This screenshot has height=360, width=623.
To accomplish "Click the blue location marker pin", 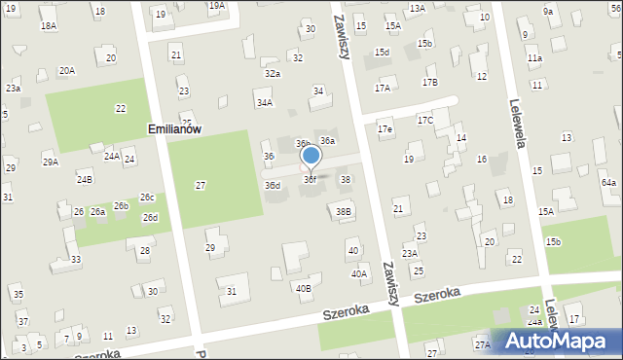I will point(311,156).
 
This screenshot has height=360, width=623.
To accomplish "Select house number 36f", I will point(310,180).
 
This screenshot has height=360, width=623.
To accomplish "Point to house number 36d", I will point(273,185).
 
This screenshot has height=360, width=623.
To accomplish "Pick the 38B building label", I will point(343,211).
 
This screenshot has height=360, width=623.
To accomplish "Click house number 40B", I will point(304,288).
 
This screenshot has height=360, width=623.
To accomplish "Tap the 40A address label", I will point(359,274).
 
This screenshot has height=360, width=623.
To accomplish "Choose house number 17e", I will point(385,129).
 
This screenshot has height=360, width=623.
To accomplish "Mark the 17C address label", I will point(425,121).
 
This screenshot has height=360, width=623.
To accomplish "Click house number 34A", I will point(264,102).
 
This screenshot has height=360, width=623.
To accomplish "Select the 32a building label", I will point(273,74).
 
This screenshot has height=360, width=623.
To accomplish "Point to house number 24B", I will point(85,179).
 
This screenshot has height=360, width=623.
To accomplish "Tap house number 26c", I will point(146,198).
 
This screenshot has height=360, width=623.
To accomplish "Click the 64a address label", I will point(608,183).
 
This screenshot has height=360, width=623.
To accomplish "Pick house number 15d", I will point(383,52).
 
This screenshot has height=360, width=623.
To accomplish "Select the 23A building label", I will point(411,253).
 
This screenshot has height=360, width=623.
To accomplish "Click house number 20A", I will point(66,70).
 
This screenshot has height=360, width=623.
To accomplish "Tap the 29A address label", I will point(50,162).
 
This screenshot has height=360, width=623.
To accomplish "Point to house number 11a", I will point(534,58).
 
